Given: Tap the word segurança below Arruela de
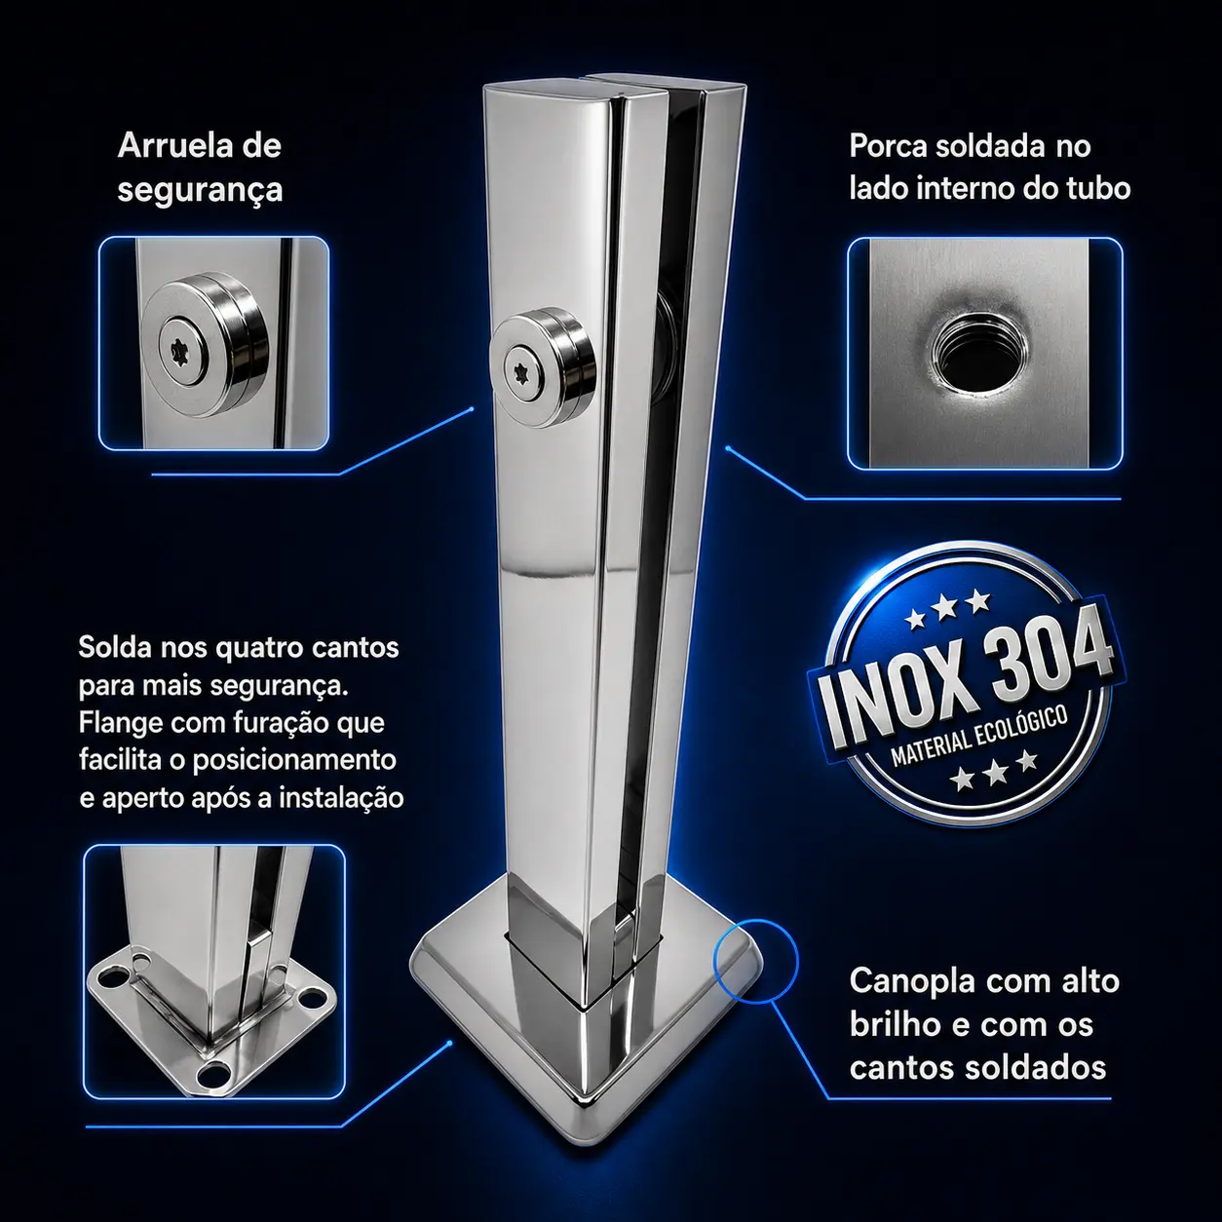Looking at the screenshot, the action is pos(200,190).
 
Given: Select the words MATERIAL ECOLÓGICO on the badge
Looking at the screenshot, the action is pos(979,738).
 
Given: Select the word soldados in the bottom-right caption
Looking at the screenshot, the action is pos(1036,1069).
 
